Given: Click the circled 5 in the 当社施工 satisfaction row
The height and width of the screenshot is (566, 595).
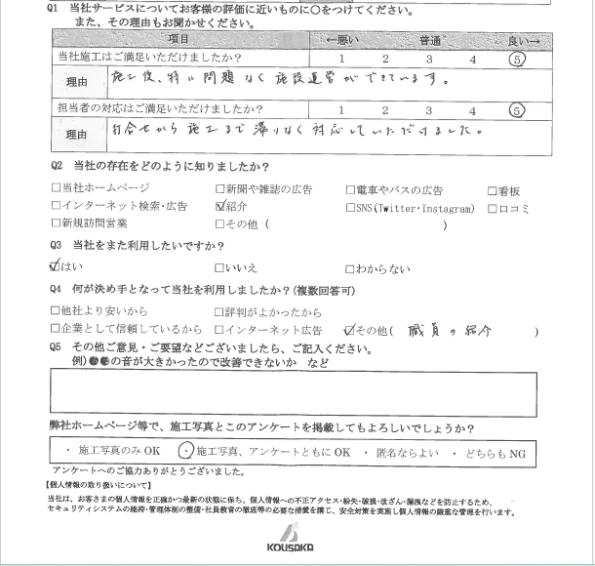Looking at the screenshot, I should coord(518,60).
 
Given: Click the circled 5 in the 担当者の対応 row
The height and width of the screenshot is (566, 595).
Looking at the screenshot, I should coord(517,110).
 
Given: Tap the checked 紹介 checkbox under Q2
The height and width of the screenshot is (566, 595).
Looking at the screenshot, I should coord(219,207).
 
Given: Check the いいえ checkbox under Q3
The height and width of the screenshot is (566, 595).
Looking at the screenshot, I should coord(219,268).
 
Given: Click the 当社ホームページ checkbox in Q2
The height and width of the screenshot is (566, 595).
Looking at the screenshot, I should coord(56,189).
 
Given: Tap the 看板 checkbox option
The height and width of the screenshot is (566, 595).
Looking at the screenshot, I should coord(493,189).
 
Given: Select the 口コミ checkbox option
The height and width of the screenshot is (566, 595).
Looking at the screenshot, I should coord(493,207).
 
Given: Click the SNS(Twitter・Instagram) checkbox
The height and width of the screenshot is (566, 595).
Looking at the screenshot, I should coord(351,207).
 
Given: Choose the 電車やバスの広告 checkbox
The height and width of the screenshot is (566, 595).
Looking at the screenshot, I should coord(351,189).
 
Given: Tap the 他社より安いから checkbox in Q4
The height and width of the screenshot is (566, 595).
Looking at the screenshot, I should coord(56,312).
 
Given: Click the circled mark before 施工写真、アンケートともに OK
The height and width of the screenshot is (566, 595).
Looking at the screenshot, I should coord(186,452).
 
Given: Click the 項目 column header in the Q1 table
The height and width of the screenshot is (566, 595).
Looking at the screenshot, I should coord(179,39).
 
